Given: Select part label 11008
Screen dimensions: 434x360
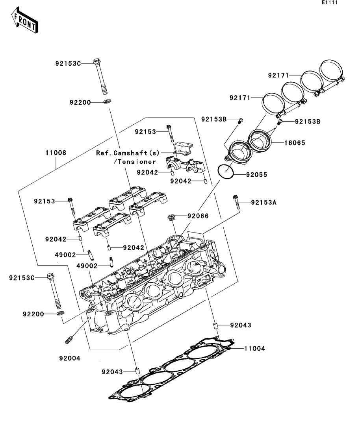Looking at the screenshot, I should pos(55,153).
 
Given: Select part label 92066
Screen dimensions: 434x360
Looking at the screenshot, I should pos(198,216).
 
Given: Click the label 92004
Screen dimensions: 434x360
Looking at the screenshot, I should pos(70,358).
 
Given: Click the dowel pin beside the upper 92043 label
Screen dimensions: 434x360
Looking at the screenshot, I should pos(216,326).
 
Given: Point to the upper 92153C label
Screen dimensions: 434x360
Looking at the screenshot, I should pos(67,63).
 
